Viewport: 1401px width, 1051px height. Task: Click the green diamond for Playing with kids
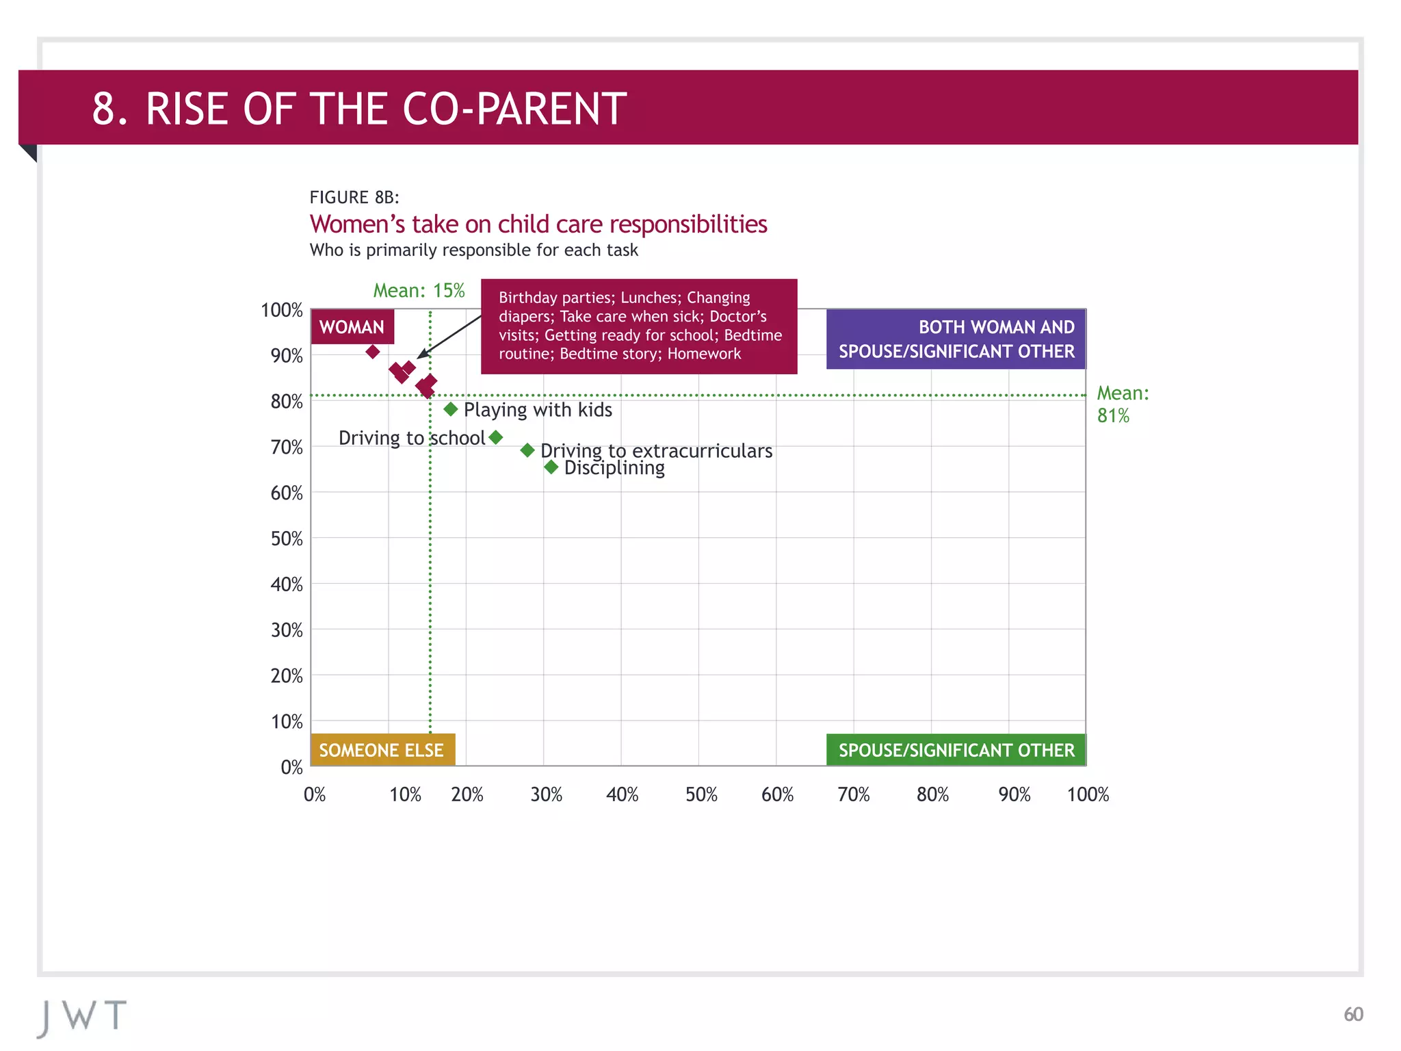[450, 409]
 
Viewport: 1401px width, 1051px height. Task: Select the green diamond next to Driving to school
[496, 437]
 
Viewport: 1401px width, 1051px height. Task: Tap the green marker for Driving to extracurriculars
[527, 450]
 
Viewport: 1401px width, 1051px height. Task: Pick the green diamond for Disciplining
[551, 467]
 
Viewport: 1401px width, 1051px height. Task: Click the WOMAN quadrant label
[352, 327]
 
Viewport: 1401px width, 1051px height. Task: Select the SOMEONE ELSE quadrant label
[382, 750]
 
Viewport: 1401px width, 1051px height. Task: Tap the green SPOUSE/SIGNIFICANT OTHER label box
[956, 750]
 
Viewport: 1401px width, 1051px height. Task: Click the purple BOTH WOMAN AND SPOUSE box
[956, 339]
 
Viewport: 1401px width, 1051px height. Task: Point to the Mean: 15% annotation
[419, 291]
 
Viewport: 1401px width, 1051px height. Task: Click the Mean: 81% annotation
[1122, 404]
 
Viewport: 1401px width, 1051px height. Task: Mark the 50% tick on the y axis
[287, 539]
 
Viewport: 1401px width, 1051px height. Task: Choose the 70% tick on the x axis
[854, 794]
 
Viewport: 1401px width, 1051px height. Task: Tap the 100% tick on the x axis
[1088, 794]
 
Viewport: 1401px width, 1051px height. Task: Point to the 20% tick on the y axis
[287, 676]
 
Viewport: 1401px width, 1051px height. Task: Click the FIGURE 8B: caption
[354, 198]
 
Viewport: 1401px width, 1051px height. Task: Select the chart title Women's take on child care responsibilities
[538, 224]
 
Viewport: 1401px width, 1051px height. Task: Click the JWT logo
[83, 1017]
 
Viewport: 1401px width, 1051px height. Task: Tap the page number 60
[1353, 1014]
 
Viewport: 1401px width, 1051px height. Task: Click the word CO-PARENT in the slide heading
[514, 109]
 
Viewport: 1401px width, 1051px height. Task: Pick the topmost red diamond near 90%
[373, 352]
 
